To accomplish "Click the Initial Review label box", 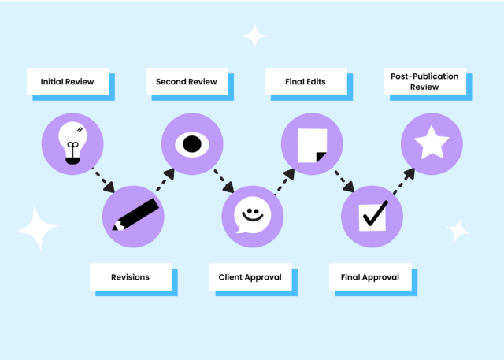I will [68, 81].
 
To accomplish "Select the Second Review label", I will [187, 81].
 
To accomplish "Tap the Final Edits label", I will [306, 81].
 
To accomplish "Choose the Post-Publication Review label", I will [424, 82].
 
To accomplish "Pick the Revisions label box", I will [130, 277].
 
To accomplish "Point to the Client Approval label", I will [250, 277].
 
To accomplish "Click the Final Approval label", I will [370, 277].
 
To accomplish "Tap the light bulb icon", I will [73, 143].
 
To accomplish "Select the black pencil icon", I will [135, 215].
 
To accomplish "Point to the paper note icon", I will [312, 144].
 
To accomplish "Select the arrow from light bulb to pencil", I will [104, 180].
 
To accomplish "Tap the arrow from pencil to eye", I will [165, 179].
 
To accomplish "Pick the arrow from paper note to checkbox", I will [344, 180].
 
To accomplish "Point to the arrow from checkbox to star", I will [404, 179].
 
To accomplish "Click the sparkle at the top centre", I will [254, 35].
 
